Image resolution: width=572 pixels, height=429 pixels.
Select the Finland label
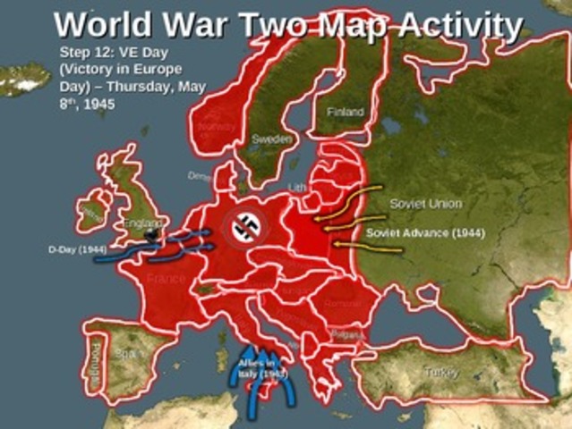(x=345, y=113)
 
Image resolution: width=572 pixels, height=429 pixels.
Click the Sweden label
(x=271, y=140)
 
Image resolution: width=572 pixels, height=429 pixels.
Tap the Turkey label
(x=441, y=372)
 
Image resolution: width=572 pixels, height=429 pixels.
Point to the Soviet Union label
(x=425, y=204)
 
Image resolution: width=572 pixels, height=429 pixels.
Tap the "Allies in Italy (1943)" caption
(x=257, y=367)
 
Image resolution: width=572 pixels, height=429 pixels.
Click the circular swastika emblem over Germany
(x=243, y=229)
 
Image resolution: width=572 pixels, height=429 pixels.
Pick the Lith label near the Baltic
(x=299, y=187)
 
